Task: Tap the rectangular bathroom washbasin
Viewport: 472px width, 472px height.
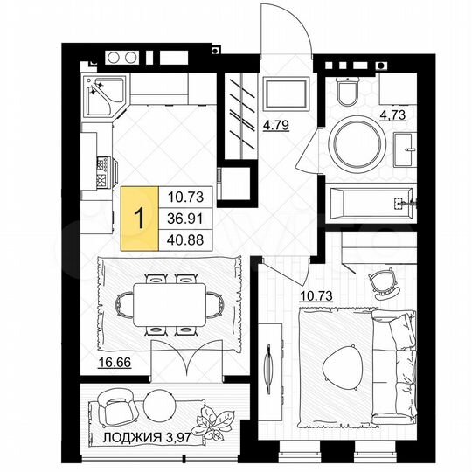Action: tap(406, 149)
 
